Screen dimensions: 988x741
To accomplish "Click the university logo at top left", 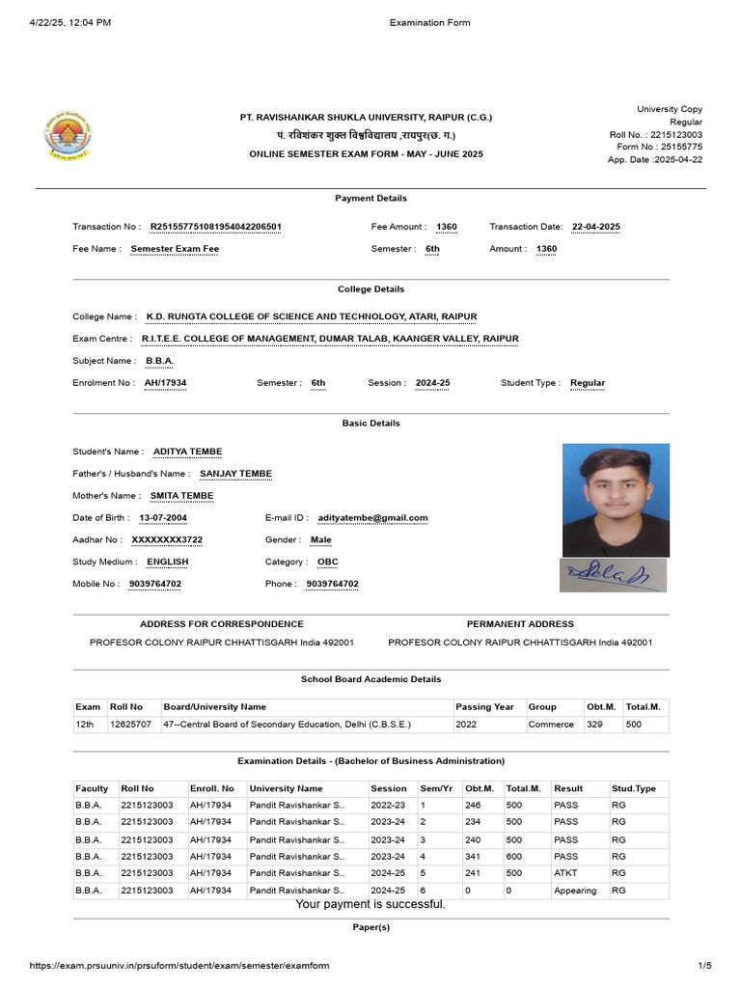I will coord(69,136).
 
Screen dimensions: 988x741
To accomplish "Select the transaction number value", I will coord(215,227).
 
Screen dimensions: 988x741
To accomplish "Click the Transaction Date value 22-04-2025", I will coord(595,227).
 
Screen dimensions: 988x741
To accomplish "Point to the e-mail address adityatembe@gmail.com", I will coord(372,518).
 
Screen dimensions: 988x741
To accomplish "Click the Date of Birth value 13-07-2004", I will coord(163,518).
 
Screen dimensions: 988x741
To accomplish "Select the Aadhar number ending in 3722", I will coord(167,540).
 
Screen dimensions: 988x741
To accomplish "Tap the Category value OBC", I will coord(327,562).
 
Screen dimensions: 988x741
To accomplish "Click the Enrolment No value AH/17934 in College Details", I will coord(165,383).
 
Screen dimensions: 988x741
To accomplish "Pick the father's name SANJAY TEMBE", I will coord(235,474).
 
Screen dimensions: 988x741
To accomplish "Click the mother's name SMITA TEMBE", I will coord(181,496).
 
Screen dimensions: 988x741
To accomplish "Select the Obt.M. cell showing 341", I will coord(473,856).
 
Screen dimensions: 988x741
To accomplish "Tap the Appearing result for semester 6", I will coord(575,891).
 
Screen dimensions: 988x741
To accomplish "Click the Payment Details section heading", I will coord(370,199).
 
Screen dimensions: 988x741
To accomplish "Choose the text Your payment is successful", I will coord(370,904).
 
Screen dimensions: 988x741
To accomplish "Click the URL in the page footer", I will coord(178,966).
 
